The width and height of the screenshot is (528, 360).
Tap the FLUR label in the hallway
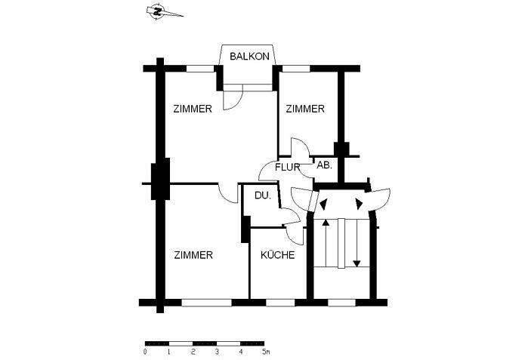(x=287, y=167)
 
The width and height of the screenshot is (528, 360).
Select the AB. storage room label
(x=324, y=165)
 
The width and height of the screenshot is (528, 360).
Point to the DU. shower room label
(x=262, y=195)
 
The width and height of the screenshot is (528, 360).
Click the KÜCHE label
(x=277, y=255)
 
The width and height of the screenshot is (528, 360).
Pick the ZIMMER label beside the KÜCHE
(x=193, y=255)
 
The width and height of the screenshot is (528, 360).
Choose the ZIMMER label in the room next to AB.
(x=304, y=109)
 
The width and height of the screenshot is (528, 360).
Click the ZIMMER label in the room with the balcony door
(x=192, y=109)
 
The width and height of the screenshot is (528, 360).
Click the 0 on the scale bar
(x=144, y=352)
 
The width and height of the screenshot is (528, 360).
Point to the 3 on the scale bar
(x=217, y=352)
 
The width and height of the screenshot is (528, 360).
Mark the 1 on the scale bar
(x=168, y=352)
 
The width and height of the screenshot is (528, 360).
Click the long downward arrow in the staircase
(x=357, y=242)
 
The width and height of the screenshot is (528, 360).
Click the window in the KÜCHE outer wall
(x=279, y=303)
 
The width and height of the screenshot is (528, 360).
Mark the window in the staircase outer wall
(x=341, y=303)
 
